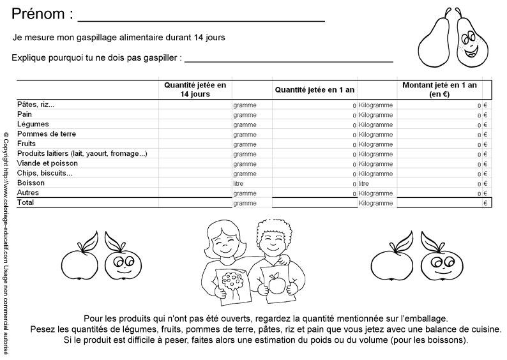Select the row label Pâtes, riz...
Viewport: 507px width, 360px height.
coord(36,105)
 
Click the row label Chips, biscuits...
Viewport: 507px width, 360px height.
coord(45,173)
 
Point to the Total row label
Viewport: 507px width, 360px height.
coord(26,202)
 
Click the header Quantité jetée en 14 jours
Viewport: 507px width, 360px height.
coord(195,89)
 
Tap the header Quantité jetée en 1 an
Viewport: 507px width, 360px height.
coord(315,90)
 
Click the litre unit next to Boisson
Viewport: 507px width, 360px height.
coord(239,183)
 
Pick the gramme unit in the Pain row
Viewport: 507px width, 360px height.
coord(245,115)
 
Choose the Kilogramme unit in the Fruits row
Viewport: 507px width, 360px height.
coord(375,144)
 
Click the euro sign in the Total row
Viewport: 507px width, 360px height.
coord(485,203)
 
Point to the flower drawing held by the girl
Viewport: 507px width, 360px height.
coord(233,281)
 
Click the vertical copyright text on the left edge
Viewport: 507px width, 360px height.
coord(6,243)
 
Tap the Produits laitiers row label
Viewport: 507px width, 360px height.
coord(82,154)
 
